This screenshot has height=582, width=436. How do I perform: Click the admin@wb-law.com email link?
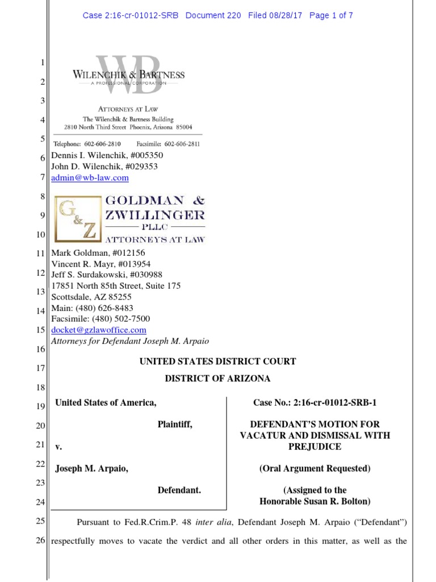tap(90, 178)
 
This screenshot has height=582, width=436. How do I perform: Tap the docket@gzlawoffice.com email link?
tap(99, 330)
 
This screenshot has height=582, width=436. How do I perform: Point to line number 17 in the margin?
tap(40, 368)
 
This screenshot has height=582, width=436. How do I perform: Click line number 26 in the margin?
tap(40, 541)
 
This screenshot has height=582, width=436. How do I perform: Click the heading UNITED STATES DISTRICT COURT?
tap(218, 361)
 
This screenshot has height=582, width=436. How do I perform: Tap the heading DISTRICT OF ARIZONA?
tap(218, 379)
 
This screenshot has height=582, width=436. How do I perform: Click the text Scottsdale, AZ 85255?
tap(91, 297)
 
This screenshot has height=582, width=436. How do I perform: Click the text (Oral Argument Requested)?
tap(315, 469)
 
